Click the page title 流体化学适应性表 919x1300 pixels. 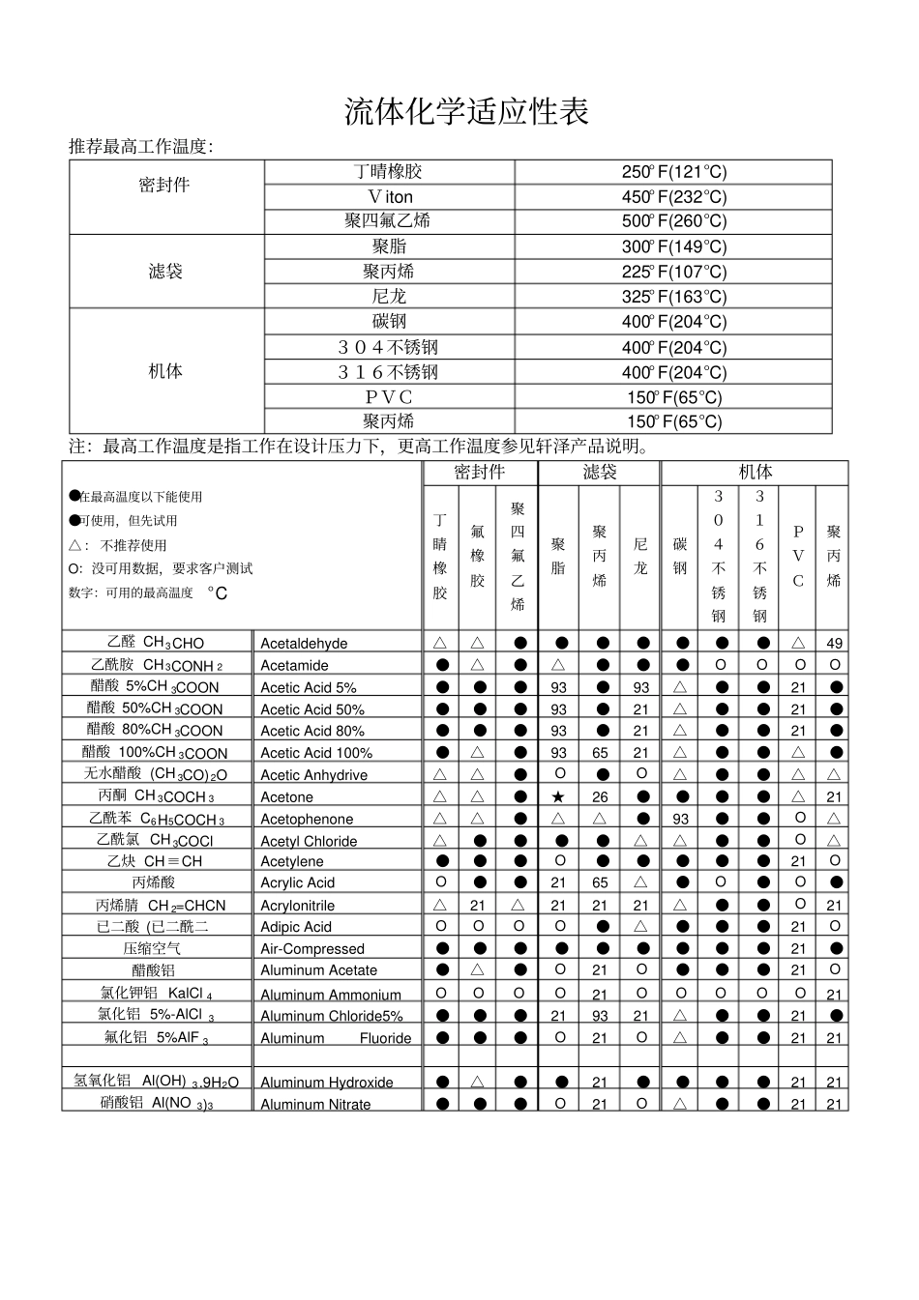[x=466, y=112]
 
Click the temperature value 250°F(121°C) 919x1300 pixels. [x=673, y=172]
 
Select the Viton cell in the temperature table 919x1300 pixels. [x=389, y=197]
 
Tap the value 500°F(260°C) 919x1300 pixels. [x=673, y=221]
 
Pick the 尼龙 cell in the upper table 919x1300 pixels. [x=389, y=297]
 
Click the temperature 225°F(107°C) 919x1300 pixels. [x=673, y=272]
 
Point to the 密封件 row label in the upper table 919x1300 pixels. [x=165, y=185]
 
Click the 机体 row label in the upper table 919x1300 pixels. [x=165, y=371]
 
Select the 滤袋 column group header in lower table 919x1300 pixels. [x=599, y=472]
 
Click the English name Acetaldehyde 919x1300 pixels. [x=304, y=644]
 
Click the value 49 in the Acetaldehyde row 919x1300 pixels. [x=834, y=644]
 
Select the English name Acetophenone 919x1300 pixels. [x=307, y=820]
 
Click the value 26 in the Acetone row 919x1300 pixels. [x=600, y=797]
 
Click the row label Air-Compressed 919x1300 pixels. [x=312, y=949]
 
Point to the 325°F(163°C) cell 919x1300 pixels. [x=673, y=297]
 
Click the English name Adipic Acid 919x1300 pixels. [x=296, y=927]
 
